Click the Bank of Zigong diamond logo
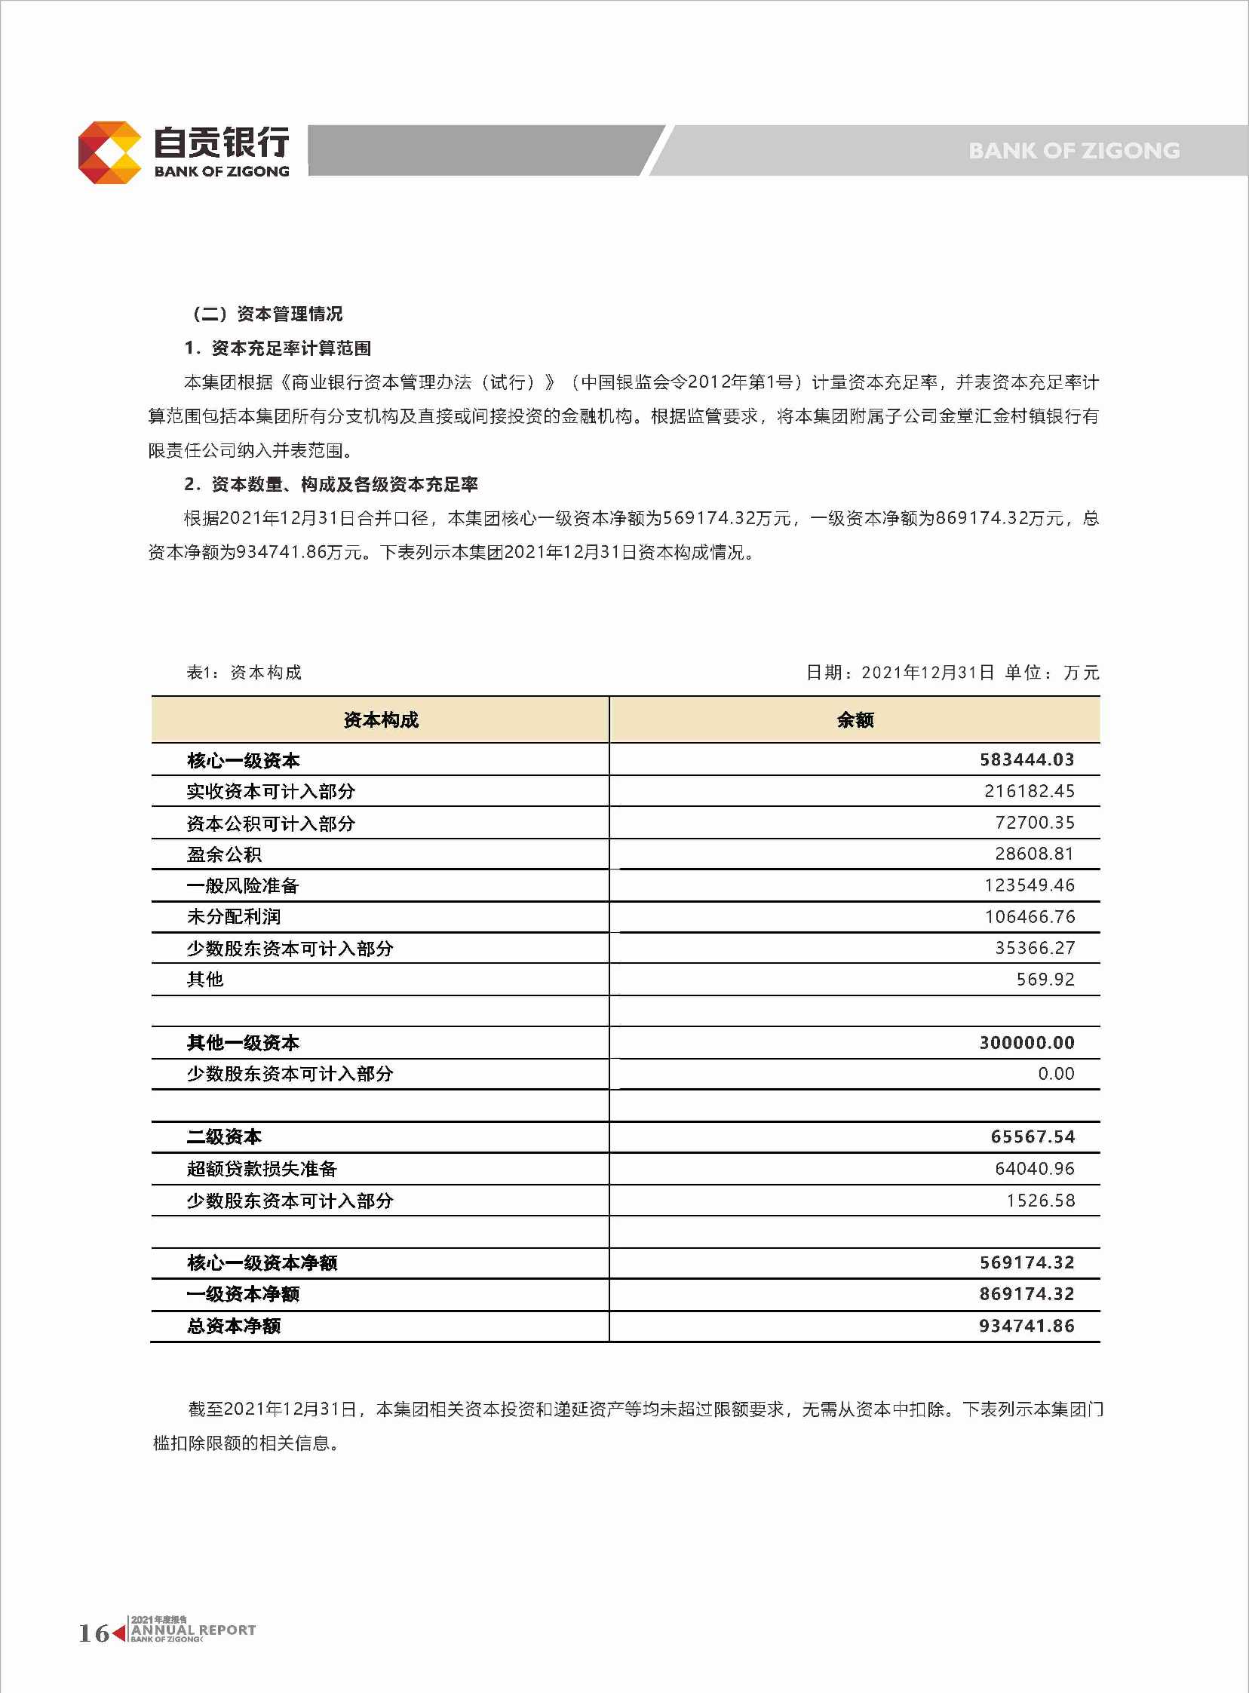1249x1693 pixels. pyautogui.click(x=110, y=152)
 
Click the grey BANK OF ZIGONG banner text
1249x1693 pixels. pyautogui.click(x=1073, y=151)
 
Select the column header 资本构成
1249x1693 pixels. pyautogui.click(x=380, y=719)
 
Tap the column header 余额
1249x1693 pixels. pyautogui.click(x=855, y=719)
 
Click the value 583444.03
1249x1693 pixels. pyautogui.click(x=1027, y=759)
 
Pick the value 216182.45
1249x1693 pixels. pyautogui.click(x=1029, y=791)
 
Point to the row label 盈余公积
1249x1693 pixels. pyautogui.click(x=224, y=855)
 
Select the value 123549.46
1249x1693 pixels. pyautogui.click(x=1029, y=885)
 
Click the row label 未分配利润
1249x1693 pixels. pyautogui.click(x=234, y=917)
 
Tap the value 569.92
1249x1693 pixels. pyautogui.click(x=1045, y=980)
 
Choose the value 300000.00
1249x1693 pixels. pyautogui.click(x=1027, y=1043)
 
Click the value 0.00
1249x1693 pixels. pyautogui.click(x=1055, y=1074)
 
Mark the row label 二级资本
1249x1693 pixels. pyautogui.click(x=224, y=1137)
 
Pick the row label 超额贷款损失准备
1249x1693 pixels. pyautogui.click(x=262, y=1169)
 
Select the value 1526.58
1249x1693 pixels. pyautogui.click(x=1039, y=1201)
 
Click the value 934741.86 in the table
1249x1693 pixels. pyautogui.click(x=1027, y=1326)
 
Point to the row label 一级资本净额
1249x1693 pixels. pyautogui.click(x=243, y=1294)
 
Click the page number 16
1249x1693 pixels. pyautogui.click(x=94, y=1633)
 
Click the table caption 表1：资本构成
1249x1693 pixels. pyautogui.click(x=244, y=673)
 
